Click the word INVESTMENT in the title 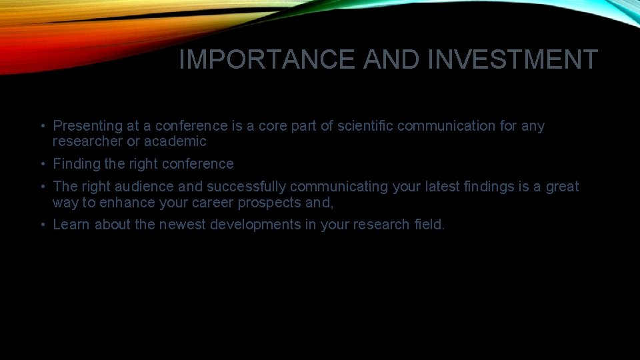tap(513, 60)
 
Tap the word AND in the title tap(393, 60)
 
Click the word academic tap(175, 141)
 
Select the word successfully tap(247, 187)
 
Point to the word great tap(563, 187)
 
